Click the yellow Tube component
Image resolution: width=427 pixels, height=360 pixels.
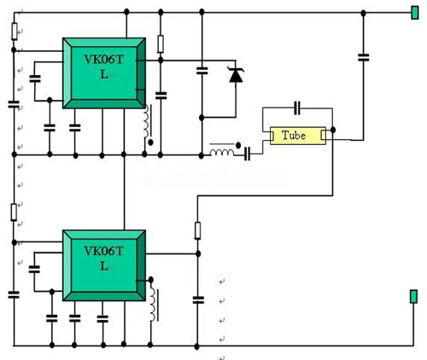click(298, 136)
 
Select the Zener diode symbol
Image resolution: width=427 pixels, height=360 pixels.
click(236, 74)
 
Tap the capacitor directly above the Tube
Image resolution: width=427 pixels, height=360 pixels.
click(297, 108)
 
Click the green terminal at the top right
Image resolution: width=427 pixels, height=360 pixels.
click(415, 13)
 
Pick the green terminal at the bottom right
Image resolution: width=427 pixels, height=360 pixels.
click(413, 296)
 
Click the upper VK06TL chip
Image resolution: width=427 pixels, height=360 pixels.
click(104, 73)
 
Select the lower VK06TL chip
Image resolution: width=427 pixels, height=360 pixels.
click(104, 265)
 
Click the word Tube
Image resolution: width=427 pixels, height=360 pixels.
click(294, 136)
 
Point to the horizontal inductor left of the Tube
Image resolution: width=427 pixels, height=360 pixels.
click(222, 152)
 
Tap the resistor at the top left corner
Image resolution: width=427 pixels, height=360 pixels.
click(15, 32)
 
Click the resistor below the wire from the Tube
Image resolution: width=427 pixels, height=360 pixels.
click(197, 230)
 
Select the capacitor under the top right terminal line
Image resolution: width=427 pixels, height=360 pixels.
click(363, 57)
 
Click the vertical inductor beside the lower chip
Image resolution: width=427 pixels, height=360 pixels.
click(153, 305)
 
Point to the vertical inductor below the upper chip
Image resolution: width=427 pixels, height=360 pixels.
click(146, 121)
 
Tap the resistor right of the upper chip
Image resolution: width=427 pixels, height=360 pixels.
click(161, 44)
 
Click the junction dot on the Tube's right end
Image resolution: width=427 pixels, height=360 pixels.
click(333, 130)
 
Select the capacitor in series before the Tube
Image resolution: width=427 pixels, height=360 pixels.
click(247, 154)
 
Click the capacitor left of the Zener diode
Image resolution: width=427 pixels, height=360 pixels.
click(202, 71)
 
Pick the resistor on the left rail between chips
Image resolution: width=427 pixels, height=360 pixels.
click(14, 212)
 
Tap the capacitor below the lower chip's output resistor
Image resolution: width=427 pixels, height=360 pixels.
click(198, 299)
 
